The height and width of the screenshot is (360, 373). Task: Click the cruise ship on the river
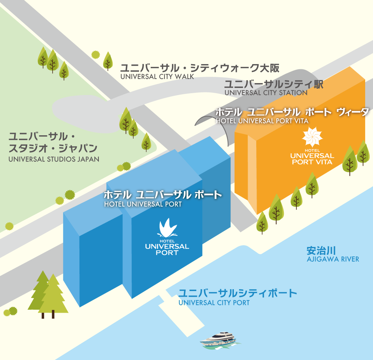coord(218,340)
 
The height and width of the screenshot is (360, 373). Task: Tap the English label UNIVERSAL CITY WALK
coord(157,77)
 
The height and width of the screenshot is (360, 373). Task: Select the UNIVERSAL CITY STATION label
coord(266,93)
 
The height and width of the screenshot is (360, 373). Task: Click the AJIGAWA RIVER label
coord(333,259)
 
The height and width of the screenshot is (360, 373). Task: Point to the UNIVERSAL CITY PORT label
coord(214,303)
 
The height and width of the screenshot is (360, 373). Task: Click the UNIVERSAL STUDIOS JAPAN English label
coord(54,159)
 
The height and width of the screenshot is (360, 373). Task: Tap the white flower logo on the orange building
coord(312,137)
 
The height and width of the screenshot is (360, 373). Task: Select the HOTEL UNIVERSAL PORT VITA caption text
coord(262,121)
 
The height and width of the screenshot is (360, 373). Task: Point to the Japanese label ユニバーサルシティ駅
coord(273,84)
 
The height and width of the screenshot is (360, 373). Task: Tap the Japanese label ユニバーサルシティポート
coord(238,293)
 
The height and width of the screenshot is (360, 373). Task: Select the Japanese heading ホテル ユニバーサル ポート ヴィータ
coord(292,112)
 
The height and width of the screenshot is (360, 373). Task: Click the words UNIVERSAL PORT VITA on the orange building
coord(312,159)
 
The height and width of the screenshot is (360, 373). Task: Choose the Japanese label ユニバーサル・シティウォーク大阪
coord(199,68)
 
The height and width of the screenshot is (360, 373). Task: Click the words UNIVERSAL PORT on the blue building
coord(167,249)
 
